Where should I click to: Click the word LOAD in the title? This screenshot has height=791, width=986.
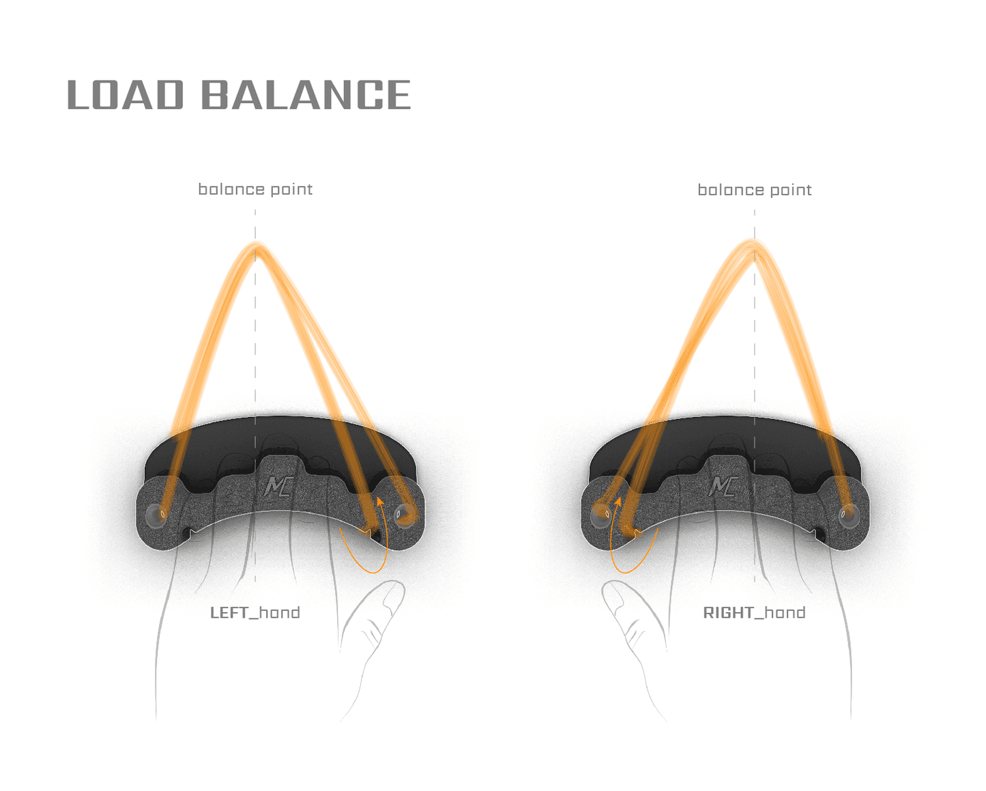126,95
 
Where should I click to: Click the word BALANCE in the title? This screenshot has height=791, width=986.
306,95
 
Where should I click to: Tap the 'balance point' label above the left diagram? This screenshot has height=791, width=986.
255,189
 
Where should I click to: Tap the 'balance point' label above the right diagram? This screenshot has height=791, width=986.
754,190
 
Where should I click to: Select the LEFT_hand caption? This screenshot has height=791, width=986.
255,612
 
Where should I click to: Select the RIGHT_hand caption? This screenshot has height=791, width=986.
754,612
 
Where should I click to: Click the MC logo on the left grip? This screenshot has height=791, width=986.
278,486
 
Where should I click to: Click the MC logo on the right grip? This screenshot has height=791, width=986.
723,486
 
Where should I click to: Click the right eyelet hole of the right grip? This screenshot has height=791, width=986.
847,513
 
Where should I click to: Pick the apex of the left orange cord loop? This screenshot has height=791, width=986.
256,245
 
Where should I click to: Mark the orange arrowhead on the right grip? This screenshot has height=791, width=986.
618,502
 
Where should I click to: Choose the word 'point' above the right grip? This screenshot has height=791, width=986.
789,190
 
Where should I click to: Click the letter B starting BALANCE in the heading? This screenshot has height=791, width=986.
217,95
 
